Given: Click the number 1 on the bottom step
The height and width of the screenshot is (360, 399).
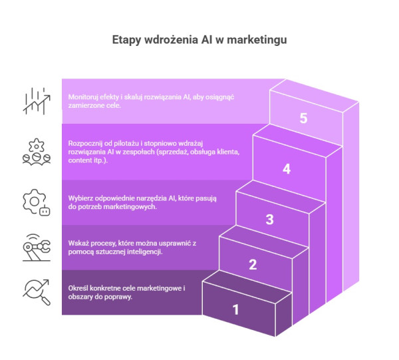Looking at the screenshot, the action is [236, 309].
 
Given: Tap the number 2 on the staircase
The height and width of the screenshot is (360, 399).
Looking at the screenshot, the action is [253, 265].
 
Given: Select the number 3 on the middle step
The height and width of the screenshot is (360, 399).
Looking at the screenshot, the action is [270, 220].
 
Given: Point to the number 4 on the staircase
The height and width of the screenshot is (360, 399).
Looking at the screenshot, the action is [287, 169].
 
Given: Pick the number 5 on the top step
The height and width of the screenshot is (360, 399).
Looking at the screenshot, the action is [303, 118].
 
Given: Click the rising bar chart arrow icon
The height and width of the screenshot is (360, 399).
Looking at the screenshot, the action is [37, 101].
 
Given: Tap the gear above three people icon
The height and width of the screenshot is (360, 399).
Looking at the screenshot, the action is [37, 152].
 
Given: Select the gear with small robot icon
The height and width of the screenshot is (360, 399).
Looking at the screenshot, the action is [37, 202].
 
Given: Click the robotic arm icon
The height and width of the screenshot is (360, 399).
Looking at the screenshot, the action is [37, 248].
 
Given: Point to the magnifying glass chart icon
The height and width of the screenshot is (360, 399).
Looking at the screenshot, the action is [37, 292].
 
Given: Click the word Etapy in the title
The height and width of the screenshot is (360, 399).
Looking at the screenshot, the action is [126, 40].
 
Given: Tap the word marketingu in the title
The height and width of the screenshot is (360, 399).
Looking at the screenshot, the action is [257, 40].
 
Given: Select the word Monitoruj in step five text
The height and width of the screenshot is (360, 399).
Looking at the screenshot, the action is [83, 97].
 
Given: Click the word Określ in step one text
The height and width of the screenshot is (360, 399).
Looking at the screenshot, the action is [78, 288].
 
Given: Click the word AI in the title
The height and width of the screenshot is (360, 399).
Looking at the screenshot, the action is [207, 40].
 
